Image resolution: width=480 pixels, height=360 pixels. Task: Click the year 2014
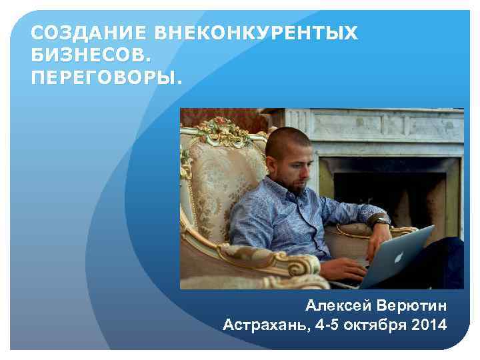click(x=430, y=325)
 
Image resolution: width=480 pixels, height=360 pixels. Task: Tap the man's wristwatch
click(x=381, y=221)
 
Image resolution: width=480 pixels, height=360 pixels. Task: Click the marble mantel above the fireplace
click(x=373, y=133)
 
